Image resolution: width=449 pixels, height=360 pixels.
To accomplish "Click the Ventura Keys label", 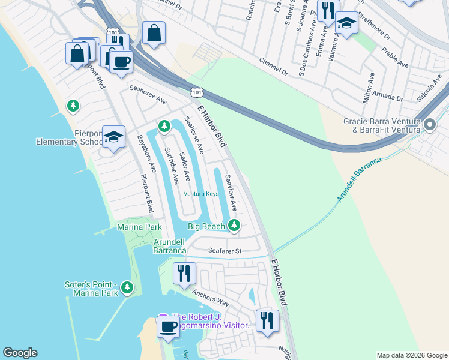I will [x=201, y=194].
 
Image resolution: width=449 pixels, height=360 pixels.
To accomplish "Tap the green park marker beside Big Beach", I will [x=234, y=226].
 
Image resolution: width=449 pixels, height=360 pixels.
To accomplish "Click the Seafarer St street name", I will [x=224, y=251].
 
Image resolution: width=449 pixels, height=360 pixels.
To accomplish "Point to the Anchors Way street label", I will [x=211, y=298].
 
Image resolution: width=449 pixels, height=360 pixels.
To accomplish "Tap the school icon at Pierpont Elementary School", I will [x=113, y=137].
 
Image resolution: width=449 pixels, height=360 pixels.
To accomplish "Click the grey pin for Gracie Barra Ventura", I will [x=429, y=125].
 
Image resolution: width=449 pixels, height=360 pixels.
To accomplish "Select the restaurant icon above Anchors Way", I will [x=184, y=272].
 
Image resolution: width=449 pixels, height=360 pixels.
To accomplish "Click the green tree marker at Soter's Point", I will [x=127, y=288].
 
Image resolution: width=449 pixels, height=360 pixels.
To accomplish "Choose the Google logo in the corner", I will [x=20, y=353].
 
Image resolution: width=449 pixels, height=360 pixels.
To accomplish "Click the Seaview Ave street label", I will [x=231, y=193].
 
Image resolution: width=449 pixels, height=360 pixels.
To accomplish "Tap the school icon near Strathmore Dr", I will [x=346, y=23].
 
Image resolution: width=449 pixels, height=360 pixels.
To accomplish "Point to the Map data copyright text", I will [x=412, y=355].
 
